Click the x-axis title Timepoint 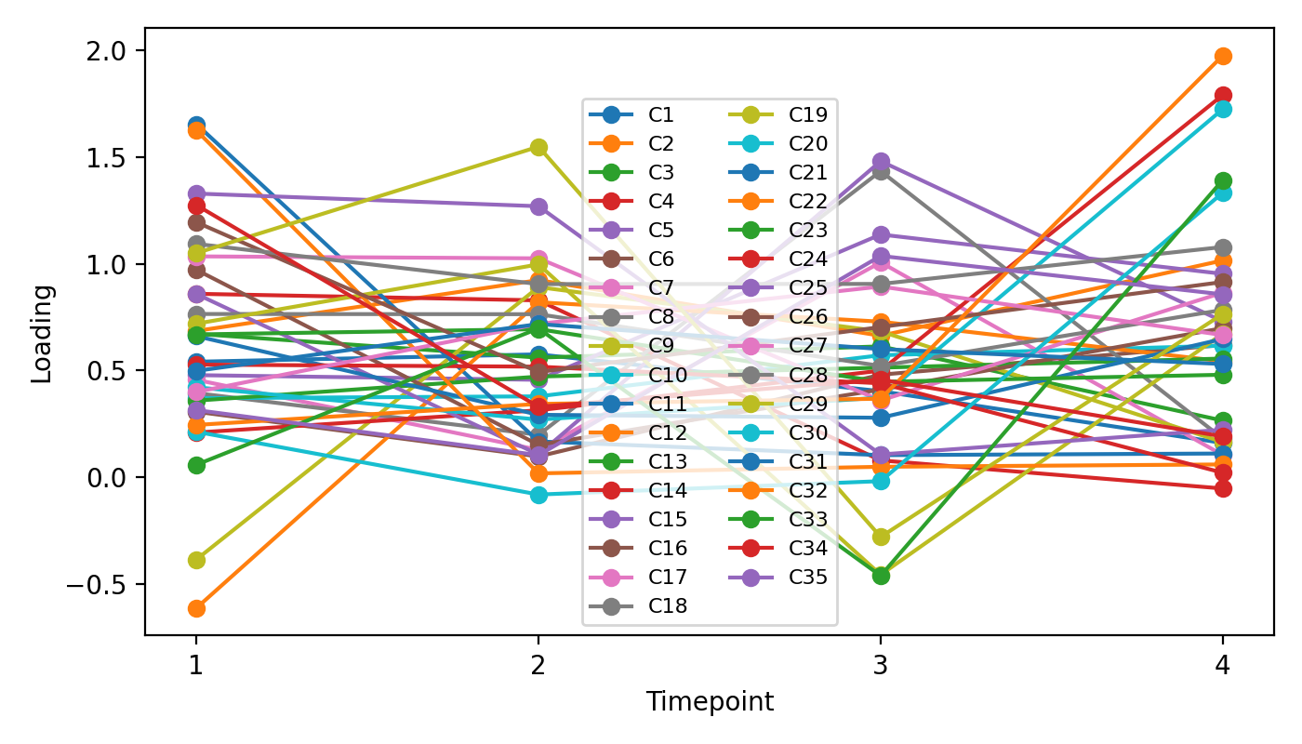[710, 702]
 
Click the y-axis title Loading [42, 333]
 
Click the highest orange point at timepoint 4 [1223, 56]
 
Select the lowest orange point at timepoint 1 [196, 608]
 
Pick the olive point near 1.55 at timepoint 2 [538, 147]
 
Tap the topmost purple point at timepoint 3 [880, 162]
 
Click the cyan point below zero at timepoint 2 [538, 495]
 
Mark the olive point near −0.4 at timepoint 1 [196, 560]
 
